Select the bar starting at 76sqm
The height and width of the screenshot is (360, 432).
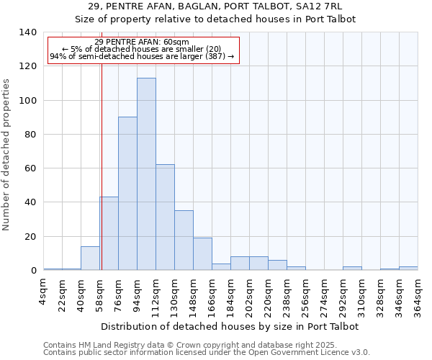(127, 194)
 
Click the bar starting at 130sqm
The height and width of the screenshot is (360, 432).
(184, 240)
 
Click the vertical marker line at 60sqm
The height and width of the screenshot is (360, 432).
(102, 166)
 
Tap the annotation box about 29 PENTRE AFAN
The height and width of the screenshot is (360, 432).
(142, 49)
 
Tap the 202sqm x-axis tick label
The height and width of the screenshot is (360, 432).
(250, 294)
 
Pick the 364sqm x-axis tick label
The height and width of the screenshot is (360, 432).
(418, 294)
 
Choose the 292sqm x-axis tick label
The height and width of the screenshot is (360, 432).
(343, 294)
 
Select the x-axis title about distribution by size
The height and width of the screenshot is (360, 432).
(230, 326)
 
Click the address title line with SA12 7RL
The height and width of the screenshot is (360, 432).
(215, 6)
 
